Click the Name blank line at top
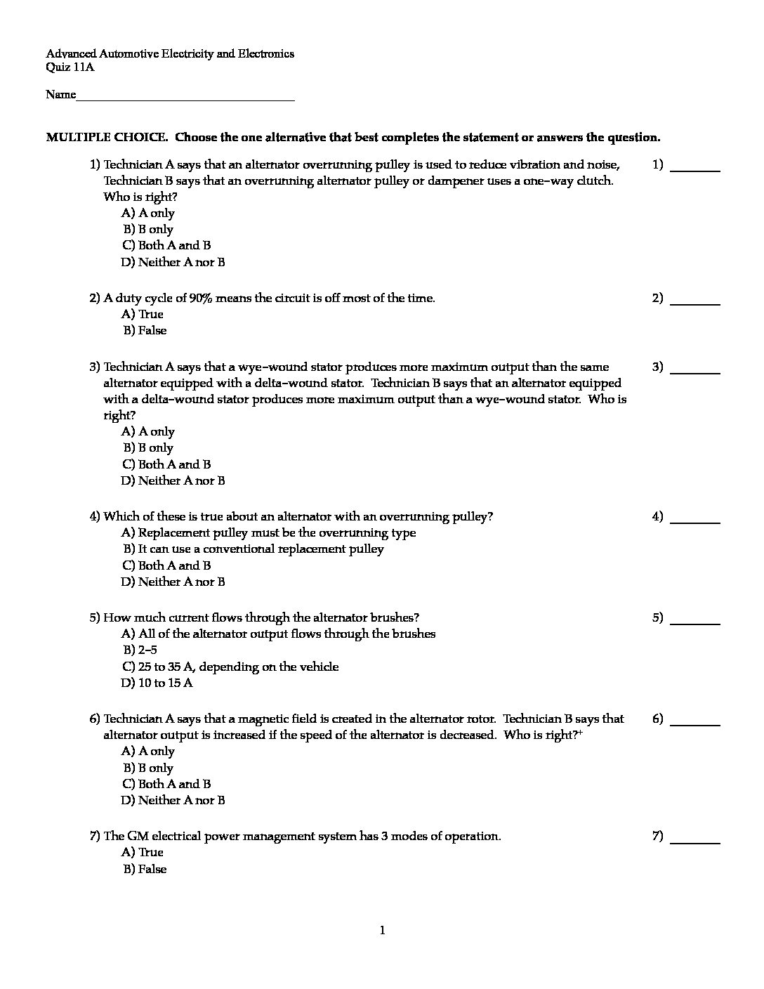point(185,96)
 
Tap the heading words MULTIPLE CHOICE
point(107,138)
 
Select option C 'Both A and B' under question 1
point(166,246)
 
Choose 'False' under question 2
point(145,331)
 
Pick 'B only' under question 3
point(149,448)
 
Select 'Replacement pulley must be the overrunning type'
point(269,533)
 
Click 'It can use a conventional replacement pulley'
point(253,549)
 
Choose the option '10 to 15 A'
point(157,683)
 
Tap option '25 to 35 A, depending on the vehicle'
point(230,667)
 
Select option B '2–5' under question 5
point(140,650)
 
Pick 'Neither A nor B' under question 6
point(173,801)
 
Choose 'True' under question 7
point(143,853)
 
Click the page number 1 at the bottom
point(382,931)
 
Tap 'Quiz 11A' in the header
point(70,67)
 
